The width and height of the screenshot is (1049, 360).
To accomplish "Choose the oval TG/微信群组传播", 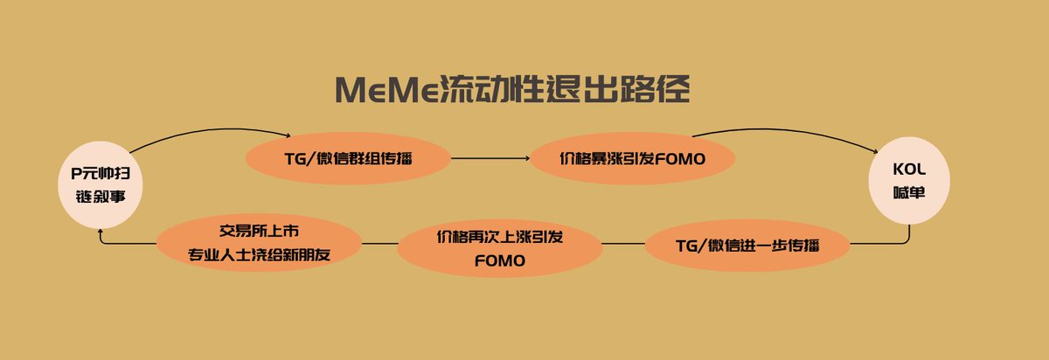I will point(348,158).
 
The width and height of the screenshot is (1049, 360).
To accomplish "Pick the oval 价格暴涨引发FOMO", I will point(632,158).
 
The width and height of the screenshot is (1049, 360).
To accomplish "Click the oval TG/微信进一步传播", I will point(747,245).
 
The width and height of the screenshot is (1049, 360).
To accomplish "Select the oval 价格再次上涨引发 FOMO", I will point(500,249).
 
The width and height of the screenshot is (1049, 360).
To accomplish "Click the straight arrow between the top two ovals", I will point(490,158).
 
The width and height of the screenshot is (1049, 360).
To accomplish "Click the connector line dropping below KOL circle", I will point(909,234).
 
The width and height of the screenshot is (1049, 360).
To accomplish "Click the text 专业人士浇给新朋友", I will point(260,255).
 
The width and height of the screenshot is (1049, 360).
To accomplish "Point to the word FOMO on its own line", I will point(500,260).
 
